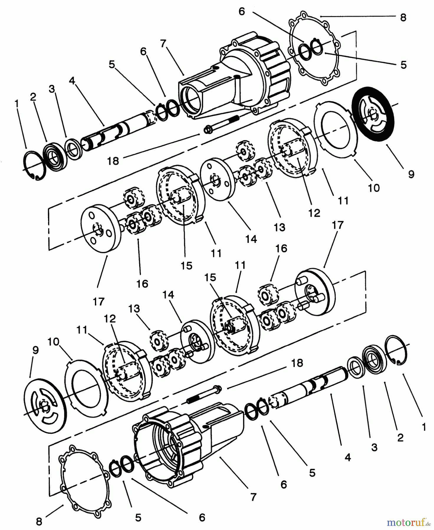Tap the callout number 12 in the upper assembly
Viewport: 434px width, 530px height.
click(x=314, y=213)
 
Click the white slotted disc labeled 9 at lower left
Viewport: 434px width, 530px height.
click(x=45, y=408)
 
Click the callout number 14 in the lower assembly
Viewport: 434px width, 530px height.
click(x=168, y=294)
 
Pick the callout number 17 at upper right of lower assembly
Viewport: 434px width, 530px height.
click(x=338, y=225)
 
